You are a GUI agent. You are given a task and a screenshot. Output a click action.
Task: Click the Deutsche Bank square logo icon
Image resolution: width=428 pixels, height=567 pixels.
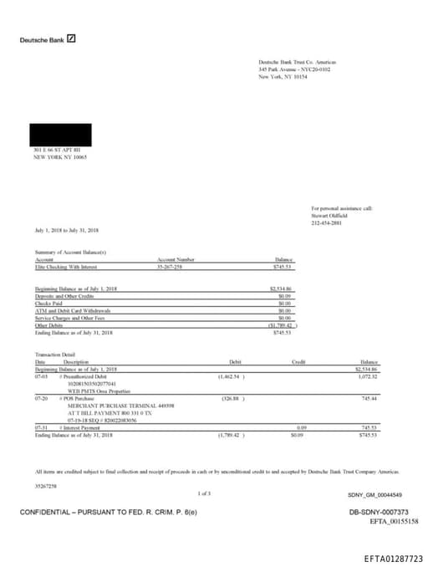72,38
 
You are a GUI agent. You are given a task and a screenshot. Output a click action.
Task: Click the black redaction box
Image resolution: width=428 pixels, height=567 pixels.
60,135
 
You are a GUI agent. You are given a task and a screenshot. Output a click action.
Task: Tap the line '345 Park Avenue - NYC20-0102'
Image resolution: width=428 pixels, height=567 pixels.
294,69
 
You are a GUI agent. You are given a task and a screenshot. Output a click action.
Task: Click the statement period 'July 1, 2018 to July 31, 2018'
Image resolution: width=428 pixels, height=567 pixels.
67,229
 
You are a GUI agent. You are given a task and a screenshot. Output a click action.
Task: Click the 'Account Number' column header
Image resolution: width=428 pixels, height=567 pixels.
176,259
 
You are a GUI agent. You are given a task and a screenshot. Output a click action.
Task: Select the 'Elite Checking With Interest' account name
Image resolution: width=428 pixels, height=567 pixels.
66,266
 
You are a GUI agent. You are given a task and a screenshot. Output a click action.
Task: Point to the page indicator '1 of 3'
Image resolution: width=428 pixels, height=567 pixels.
205,493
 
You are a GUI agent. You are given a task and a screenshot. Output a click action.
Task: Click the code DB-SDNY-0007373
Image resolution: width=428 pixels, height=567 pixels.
378,511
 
